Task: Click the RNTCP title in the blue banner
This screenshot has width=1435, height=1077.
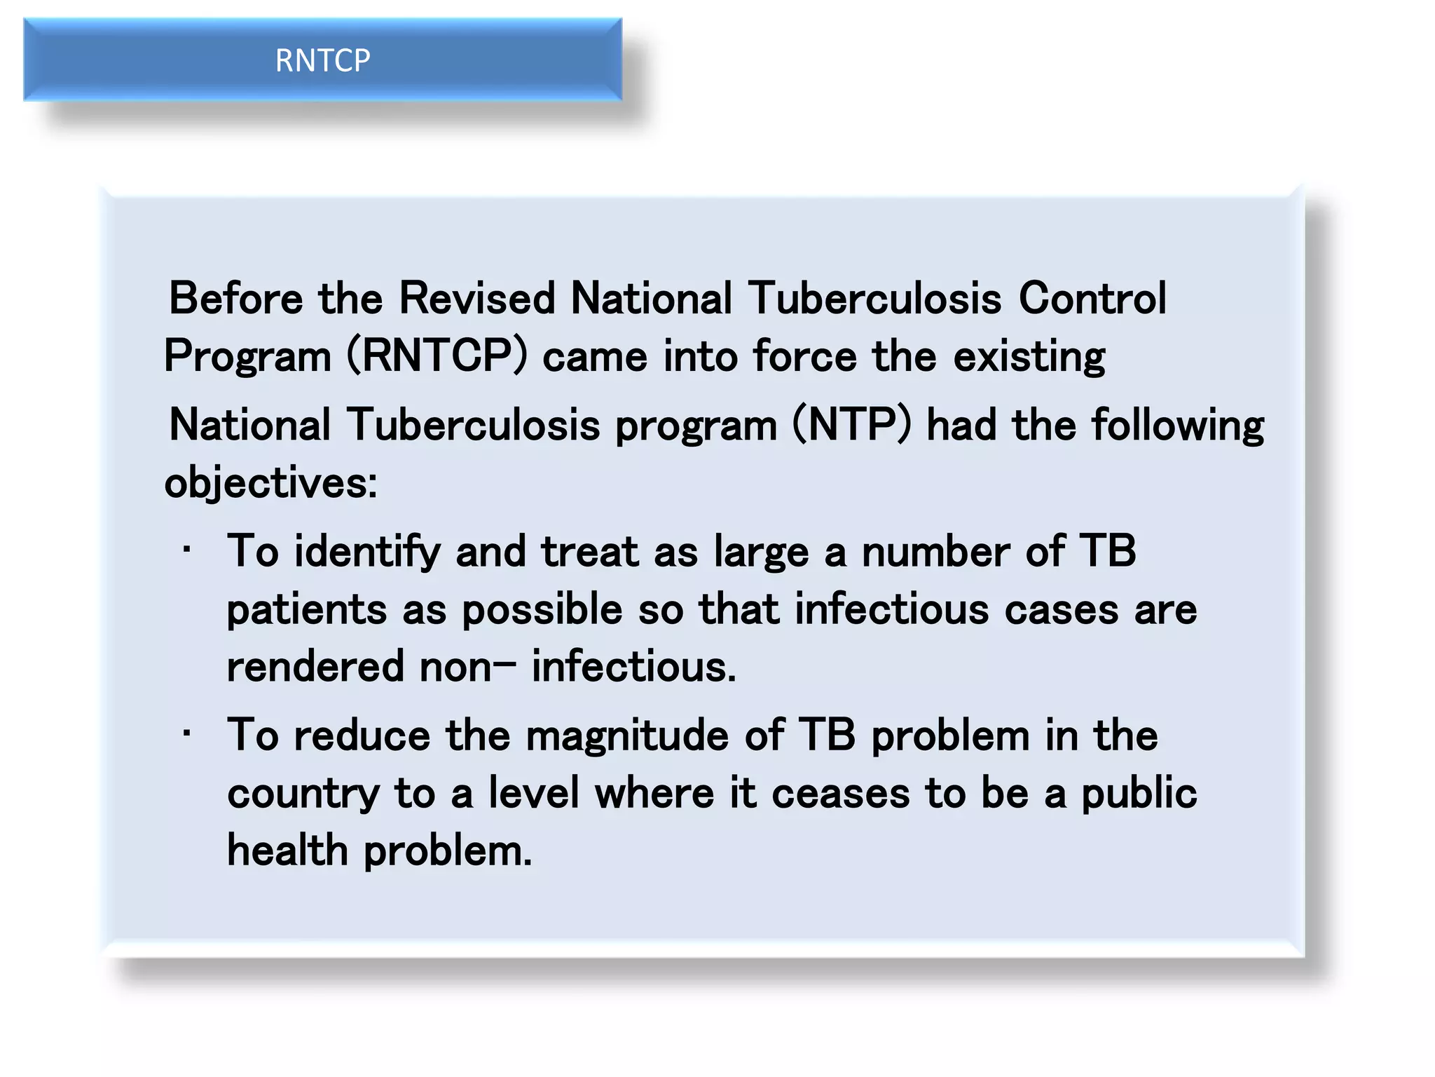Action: (x=322, y=60)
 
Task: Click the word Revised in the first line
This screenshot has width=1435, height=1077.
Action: (x=476, y=299)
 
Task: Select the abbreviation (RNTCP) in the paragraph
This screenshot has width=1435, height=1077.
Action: (x=437, y=356)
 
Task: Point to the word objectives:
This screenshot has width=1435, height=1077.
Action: (x=270, y=484)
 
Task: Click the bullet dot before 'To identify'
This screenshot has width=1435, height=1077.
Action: (x=186, y=550)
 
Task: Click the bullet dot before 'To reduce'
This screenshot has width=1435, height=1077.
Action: (x=186, y=734)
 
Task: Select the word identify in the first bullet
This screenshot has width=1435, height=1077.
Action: (x=367, y=553)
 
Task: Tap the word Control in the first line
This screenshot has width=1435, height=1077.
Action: (x=1092, y=299)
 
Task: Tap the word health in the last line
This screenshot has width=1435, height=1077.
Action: (x=287, y=851)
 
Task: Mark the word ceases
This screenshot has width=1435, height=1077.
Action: (x=840, y=794)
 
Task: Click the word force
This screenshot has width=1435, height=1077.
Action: (x=804, y=356)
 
